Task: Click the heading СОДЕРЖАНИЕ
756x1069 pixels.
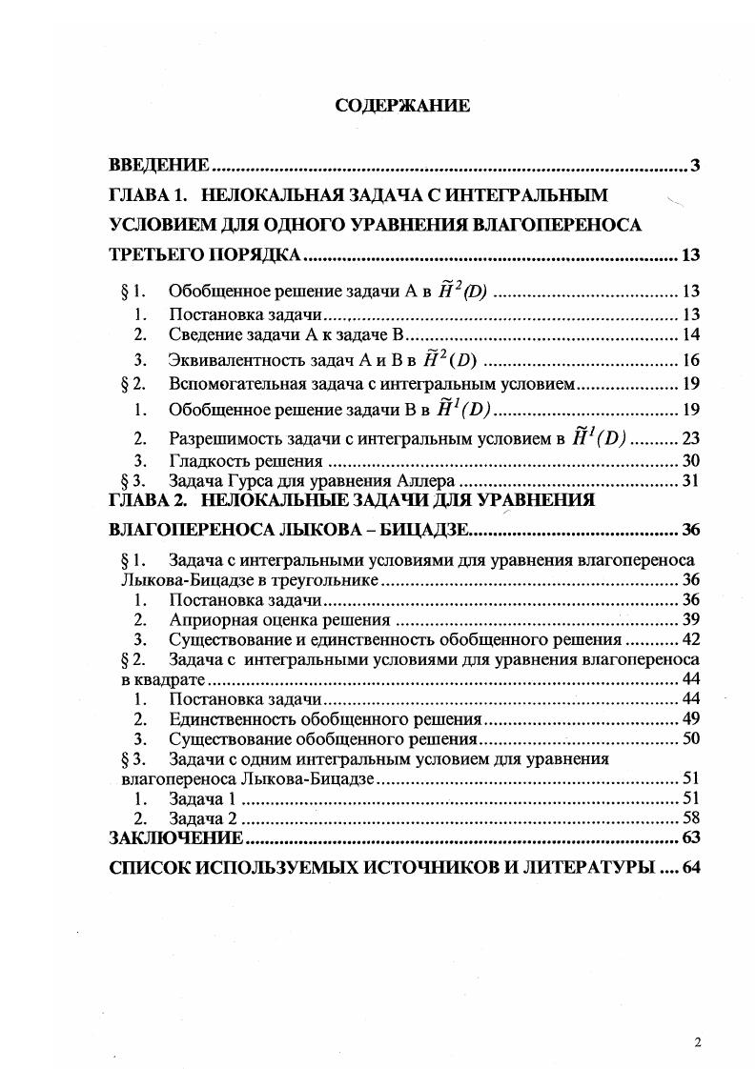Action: pos(403,106)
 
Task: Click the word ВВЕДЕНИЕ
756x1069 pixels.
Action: pos(158,166)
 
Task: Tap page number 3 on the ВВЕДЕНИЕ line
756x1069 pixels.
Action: pos(695,166)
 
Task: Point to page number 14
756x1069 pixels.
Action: pos(691,333)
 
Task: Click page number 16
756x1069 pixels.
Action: pos(691,360)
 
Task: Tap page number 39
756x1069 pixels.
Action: pos(691,619)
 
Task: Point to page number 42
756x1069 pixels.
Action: pos(691,639)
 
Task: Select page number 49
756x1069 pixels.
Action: pos(691,718)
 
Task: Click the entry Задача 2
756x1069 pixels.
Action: pos(201,817)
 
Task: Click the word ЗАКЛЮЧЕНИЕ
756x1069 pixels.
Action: pos(176,838)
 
